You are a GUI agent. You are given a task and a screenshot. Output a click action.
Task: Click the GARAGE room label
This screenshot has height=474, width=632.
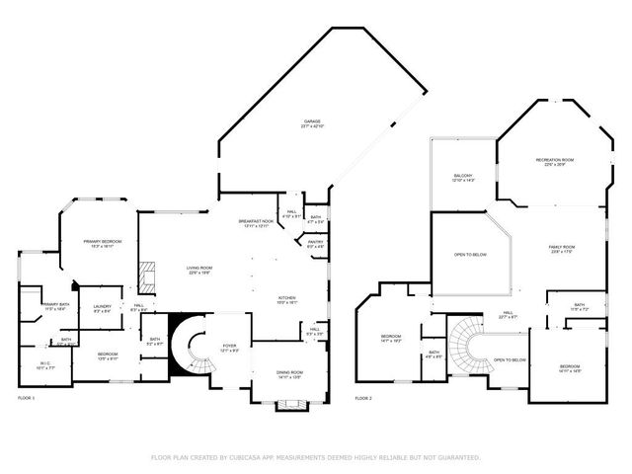pyautogui.click(x=312, y=123)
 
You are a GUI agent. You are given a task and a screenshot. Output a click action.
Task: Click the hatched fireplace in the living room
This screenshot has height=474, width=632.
pyautogui.click(x=147, y=276)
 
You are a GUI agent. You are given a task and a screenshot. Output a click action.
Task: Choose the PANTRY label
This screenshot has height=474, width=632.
pyautogui.click(x=316, y=243)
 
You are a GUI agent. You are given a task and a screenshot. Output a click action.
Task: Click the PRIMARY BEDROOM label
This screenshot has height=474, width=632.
pyautogui.click(x=103, y=243)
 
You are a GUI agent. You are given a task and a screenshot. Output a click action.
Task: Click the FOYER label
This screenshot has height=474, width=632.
pyautogui.click(x=227, y=347)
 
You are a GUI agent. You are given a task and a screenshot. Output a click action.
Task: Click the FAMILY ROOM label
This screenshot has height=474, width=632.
pyautogui.click(x=561, y=249)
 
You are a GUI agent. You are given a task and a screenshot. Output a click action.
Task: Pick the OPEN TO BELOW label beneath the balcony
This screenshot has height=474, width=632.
pyautogui.click(x=470, y=255)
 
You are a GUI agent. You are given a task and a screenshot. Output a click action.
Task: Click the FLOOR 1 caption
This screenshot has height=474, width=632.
pyautogui.click(x=27, y=398)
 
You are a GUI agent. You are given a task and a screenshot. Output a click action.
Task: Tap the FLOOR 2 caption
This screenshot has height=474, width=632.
pyautogui.click(x=363, y=398)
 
